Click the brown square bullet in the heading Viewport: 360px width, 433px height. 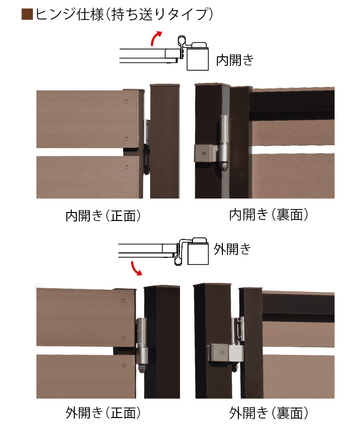(27, 14)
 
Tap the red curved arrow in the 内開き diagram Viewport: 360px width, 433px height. (156, 38)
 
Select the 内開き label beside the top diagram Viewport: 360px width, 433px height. (235, 60)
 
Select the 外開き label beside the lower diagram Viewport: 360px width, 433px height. (232, 249)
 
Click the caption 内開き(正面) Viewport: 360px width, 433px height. (103, 216)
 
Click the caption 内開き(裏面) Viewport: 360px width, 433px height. (269, 215)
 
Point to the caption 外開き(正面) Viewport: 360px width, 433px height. (103, 413)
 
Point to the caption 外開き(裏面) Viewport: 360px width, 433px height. (269, 413)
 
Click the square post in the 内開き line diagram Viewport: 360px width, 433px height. (197, 59)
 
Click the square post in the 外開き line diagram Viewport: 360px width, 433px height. (197, 253)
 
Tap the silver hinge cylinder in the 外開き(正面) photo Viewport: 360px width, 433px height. (142, 341)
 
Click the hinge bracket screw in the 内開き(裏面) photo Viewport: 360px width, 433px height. (204, 153)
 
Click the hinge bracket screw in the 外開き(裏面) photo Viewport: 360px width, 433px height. (222, 352)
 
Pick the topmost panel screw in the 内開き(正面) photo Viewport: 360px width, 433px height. (127, 101)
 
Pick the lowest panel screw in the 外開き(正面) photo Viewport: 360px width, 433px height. (124, 365)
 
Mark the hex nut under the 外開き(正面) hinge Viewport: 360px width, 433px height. (142, 369)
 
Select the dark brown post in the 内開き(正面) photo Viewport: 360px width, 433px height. (165, 141)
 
